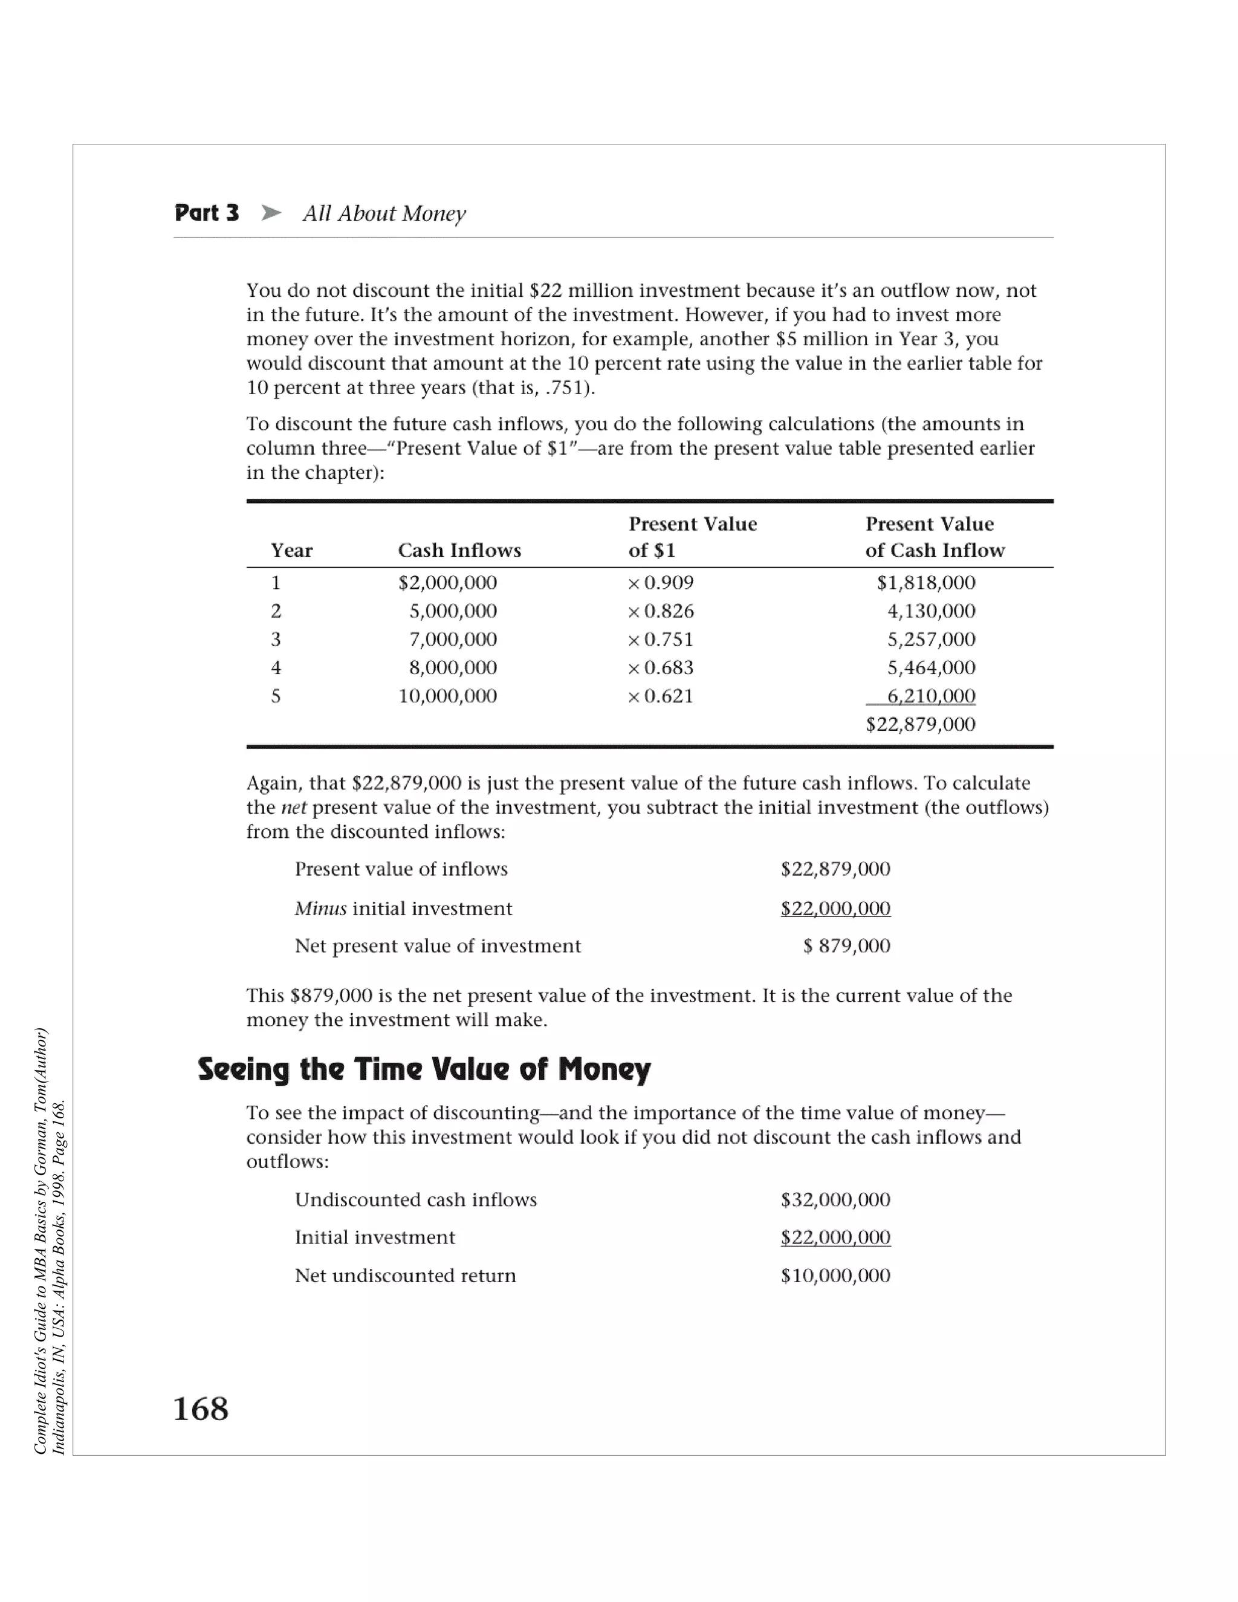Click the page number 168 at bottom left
[x=200, y=1409]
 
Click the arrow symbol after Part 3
[x=271, y=213]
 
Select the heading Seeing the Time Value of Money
[x=424, y=1069]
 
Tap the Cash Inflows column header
[x=459, y=550]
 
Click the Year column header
[x=291, y=550]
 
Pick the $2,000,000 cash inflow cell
[x=447, y=583]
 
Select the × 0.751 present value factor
[x=661, y=640]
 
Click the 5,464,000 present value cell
[x=932, y=667]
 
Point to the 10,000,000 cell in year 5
[x=447, y=696]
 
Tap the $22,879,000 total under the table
[x=921, y=725]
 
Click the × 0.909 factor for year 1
[x=661, y=583]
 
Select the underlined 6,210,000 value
[x=932, y=696]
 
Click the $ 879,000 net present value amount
[x=847, y=946]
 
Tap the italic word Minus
[x=320, y=909]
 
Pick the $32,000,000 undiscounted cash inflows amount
[x=835, y=1200]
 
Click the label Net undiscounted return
[x=405, y=1276]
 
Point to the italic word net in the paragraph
[x=293, y=808]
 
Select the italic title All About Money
[x=384, y=213]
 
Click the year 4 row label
[x=276, y=667]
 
